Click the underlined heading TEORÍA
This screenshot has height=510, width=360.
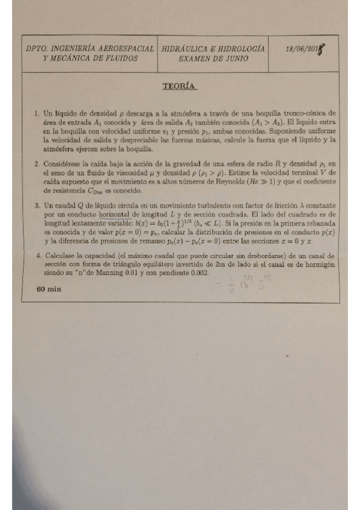pos(180,86)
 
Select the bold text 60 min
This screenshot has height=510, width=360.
pos(49,289)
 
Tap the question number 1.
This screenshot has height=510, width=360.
pos(37,112)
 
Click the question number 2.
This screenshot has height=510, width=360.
pos(37,163)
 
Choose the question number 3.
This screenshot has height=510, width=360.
pos(37,205)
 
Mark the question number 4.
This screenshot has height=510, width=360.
pos(37,255)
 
